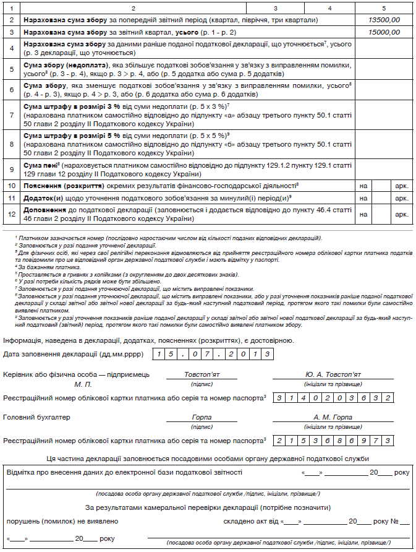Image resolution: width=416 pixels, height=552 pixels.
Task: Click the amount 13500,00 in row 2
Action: [383, 20]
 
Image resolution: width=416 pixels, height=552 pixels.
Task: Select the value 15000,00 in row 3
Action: [383, 32]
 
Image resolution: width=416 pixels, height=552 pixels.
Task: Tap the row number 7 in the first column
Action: [12, 115]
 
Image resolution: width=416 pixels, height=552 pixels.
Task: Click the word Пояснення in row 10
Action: [43, 185]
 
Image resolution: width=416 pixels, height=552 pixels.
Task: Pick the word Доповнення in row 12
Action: [44, 210]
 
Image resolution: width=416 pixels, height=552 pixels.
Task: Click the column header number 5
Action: [383, 7]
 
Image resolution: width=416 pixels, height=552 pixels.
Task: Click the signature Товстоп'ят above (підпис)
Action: [202, 374]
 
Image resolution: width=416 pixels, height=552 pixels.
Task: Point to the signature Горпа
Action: [202, 417]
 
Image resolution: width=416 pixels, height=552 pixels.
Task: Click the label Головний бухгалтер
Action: [36, 417]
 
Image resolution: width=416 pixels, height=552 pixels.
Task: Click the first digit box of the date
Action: [159, 354]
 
